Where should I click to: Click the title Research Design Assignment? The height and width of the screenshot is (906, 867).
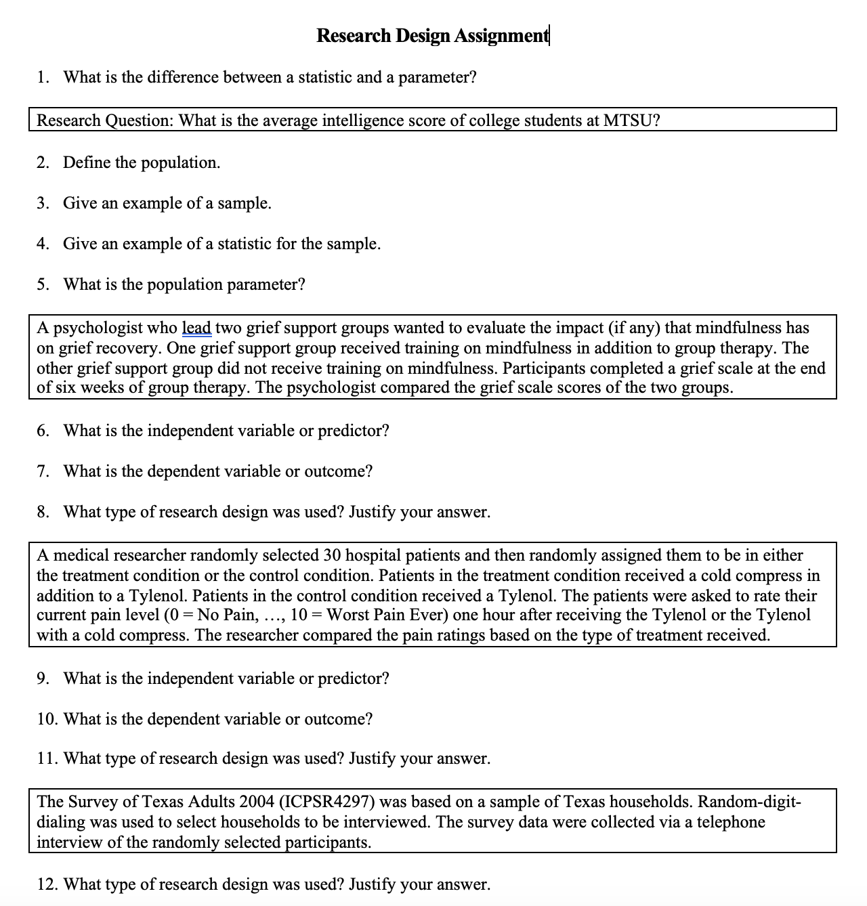click(x=432, y=35)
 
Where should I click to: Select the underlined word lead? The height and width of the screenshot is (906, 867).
click(x=196, y=328)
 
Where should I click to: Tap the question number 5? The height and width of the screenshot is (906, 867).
click(x=43, y=284)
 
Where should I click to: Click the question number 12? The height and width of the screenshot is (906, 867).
click(x=47, y=884)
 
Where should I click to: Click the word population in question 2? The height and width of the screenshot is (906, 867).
click(x=179, y=163)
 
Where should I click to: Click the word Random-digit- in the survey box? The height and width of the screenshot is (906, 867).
click(x=749, y=802)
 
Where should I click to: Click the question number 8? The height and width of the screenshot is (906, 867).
click(x=43, y=512)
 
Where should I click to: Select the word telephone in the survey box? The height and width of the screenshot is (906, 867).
click(x=727, y=822)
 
